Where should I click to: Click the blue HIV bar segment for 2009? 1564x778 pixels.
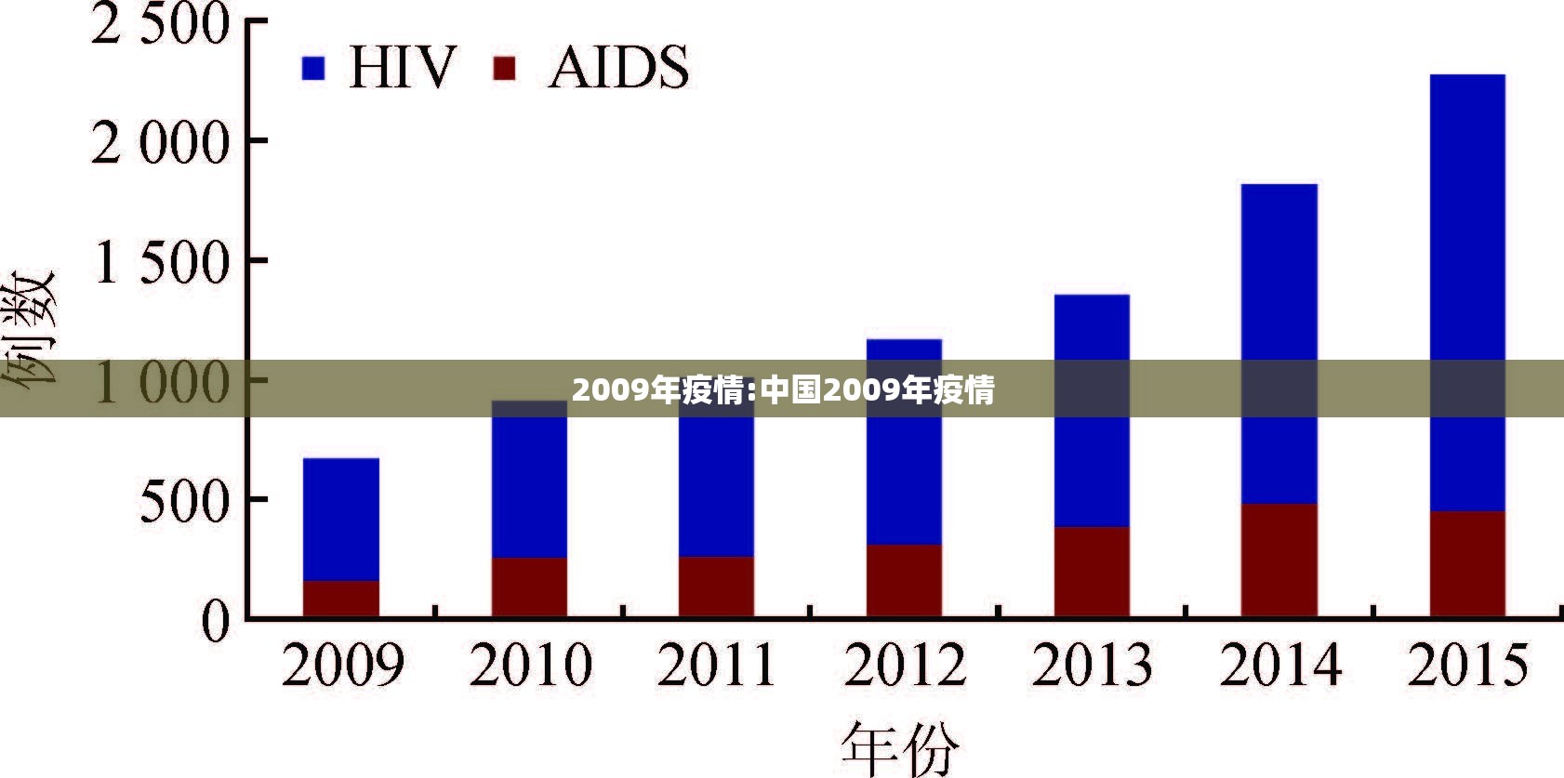[341, 519]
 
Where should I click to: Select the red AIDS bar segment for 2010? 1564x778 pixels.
[529, 587]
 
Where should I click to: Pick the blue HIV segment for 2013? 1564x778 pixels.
[1092, 446]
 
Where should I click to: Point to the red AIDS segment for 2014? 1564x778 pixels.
[1279, 560]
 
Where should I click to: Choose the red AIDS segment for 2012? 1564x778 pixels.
[904, 580]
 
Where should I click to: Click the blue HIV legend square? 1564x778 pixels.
[313, 68]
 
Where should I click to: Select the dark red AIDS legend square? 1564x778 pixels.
[504, 68]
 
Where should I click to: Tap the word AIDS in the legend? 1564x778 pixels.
[619, 68]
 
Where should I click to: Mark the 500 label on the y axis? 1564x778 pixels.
[184, 502]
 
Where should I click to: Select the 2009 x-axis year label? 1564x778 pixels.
[343, 666]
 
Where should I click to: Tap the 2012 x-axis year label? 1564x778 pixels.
[905, 666]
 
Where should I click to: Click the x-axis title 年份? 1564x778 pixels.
[900, 748]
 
